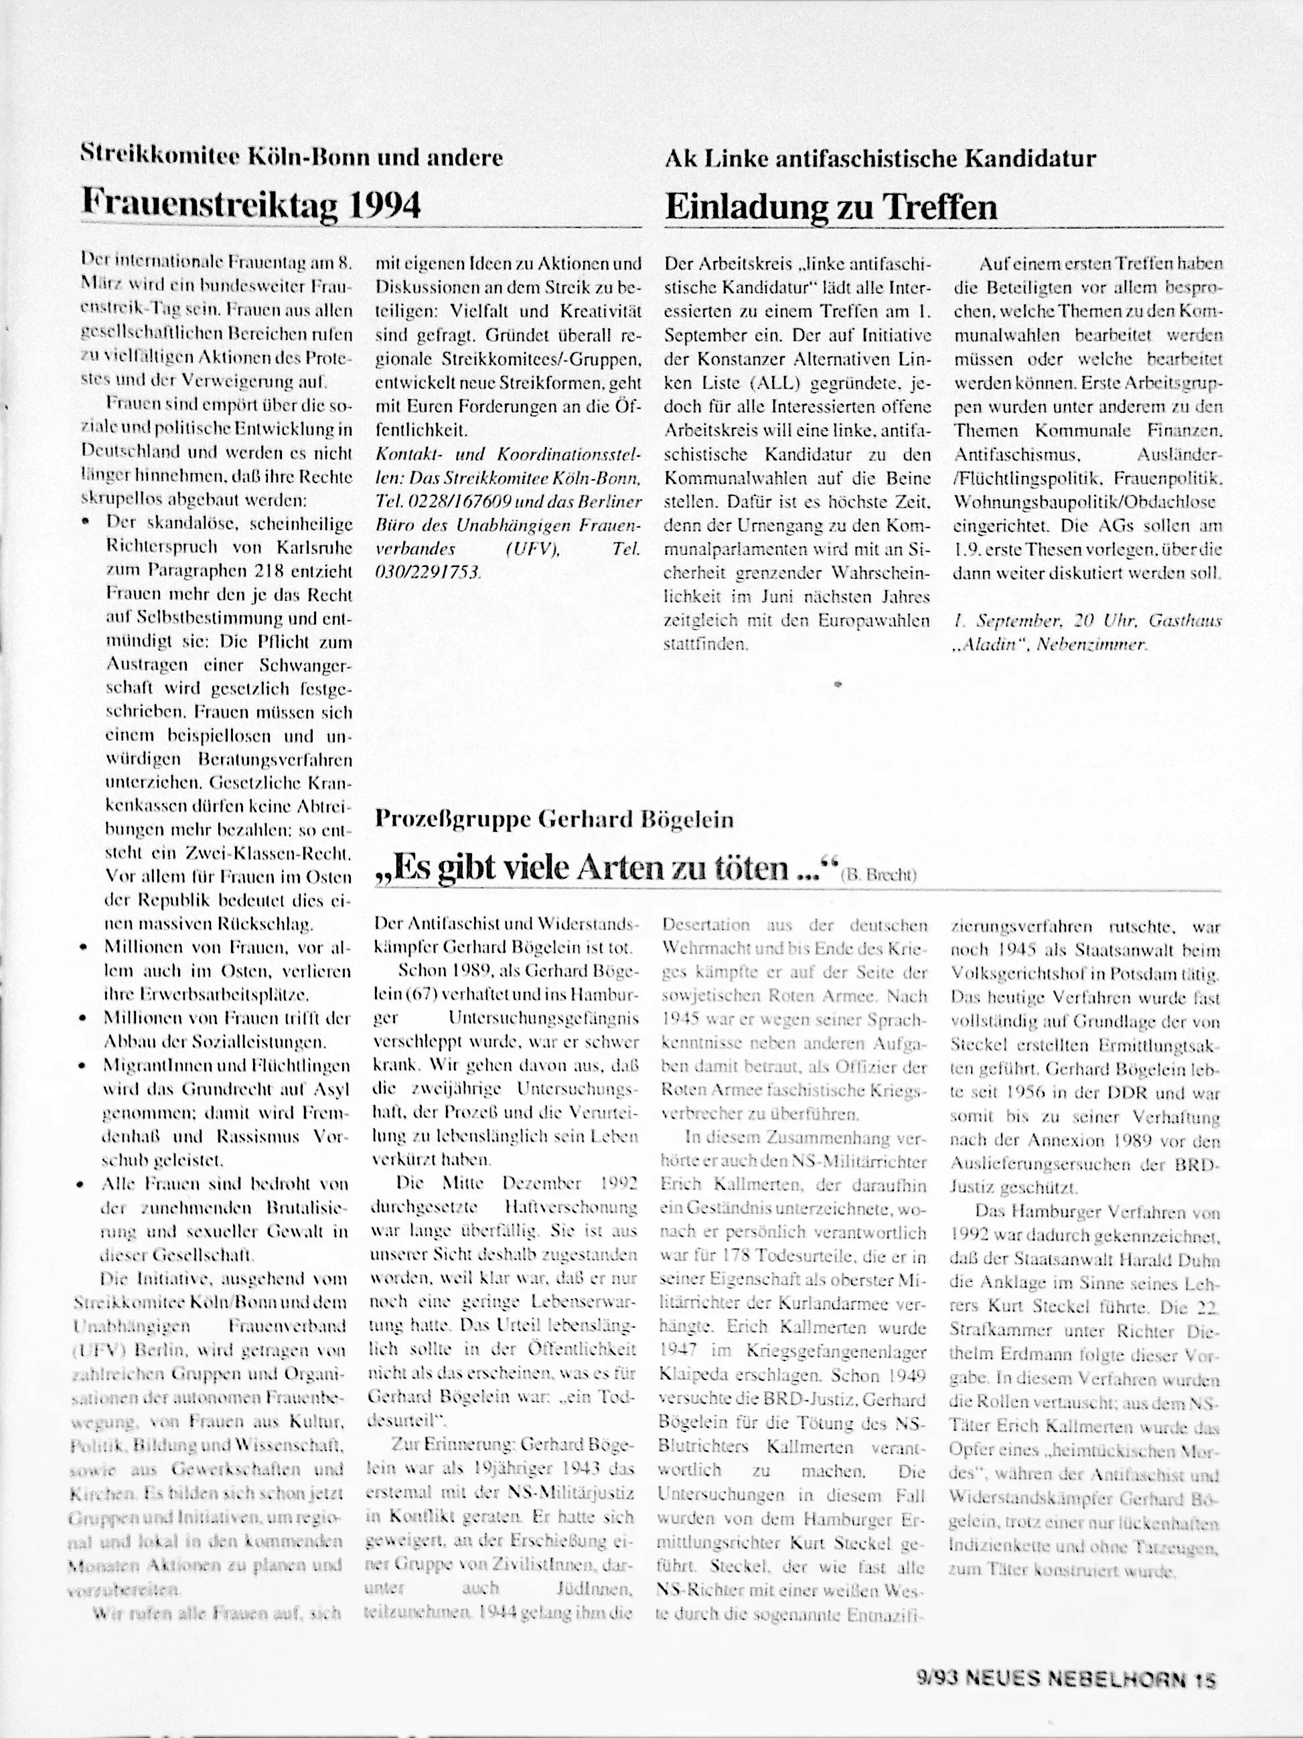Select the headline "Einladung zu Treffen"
[831, 207]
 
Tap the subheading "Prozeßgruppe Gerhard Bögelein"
[554, 820]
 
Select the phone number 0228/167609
[461, 501]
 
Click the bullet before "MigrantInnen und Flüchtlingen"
[94, 1066]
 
